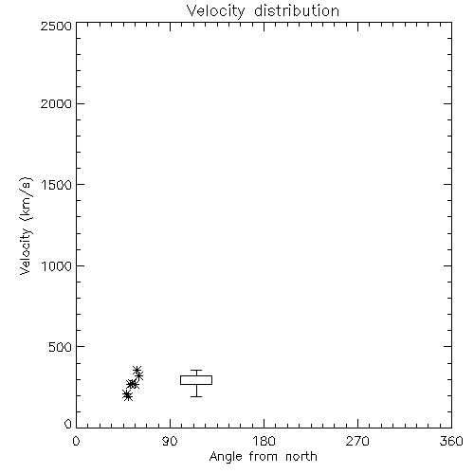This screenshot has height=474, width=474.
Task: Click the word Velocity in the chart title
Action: pyautogui.click(x=216, y=11)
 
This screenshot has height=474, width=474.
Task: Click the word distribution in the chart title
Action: pyautogui.click(x=297, y=10)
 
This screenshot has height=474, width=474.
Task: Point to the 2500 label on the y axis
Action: pyautogui.click(x=56, y=26)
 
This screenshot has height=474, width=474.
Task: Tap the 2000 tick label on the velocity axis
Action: pyautogui.click(x=56, y=103)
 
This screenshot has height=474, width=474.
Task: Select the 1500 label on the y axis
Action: pyautogui.click(x=57, y=185)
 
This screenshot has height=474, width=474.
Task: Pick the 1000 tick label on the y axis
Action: pyautogui.click(x=57, y=266)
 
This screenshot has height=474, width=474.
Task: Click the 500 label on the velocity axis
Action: pyautogui.click(x=61, y=347)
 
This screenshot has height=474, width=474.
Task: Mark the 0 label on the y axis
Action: pyautogui.click(x=68, y=424)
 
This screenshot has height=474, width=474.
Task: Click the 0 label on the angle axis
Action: pyautogui.click(x=76, y=441)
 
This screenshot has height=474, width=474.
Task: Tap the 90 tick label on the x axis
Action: pyautogui.click(x=170, y=441)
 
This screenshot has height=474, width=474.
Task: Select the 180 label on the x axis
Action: pyautogui.click(x=264, y=441)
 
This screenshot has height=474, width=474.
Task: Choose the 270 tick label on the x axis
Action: pyautogui.click(x=357, y=441)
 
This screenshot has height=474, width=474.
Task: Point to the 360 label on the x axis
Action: pyautogui.click(x=451, y=441)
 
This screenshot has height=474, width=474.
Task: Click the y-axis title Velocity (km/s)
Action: pyautogui.click(x=26, y=226)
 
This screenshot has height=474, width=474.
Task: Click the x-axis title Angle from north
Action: pyautogui.click(x=264, y=457)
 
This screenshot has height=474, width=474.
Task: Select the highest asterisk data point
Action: pyautogui.click(x=137, y=370)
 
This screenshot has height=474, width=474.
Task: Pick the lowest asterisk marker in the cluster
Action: pyautogui.click(x=128, y=396)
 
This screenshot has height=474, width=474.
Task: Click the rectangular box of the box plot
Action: pyautogui.click(x=196, y=375)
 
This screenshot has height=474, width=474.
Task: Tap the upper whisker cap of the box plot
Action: pyautogui.click(x=196, y=370)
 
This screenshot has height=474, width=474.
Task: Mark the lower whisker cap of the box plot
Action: pyautogui.click(x=196, y=396)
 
